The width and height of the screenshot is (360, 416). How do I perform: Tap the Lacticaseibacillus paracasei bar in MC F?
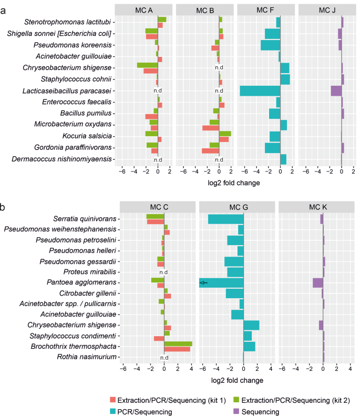point(260,90)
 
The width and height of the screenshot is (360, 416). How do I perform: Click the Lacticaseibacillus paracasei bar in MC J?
point(336,90)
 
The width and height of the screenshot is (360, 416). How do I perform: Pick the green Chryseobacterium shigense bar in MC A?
point(147,65)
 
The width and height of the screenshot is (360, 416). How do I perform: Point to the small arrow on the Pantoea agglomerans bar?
point(203,283)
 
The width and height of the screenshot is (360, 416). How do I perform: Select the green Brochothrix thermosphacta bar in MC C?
point(178,343)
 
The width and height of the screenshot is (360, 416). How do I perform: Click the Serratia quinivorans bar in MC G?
point(226,219)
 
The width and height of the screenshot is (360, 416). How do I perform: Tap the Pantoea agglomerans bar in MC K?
point(317,283)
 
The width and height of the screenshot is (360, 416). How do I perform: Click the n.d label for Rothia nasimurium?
point(164,358)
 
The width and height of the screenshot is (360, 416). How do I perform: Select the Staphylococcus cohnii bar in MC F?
point(285,79)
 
